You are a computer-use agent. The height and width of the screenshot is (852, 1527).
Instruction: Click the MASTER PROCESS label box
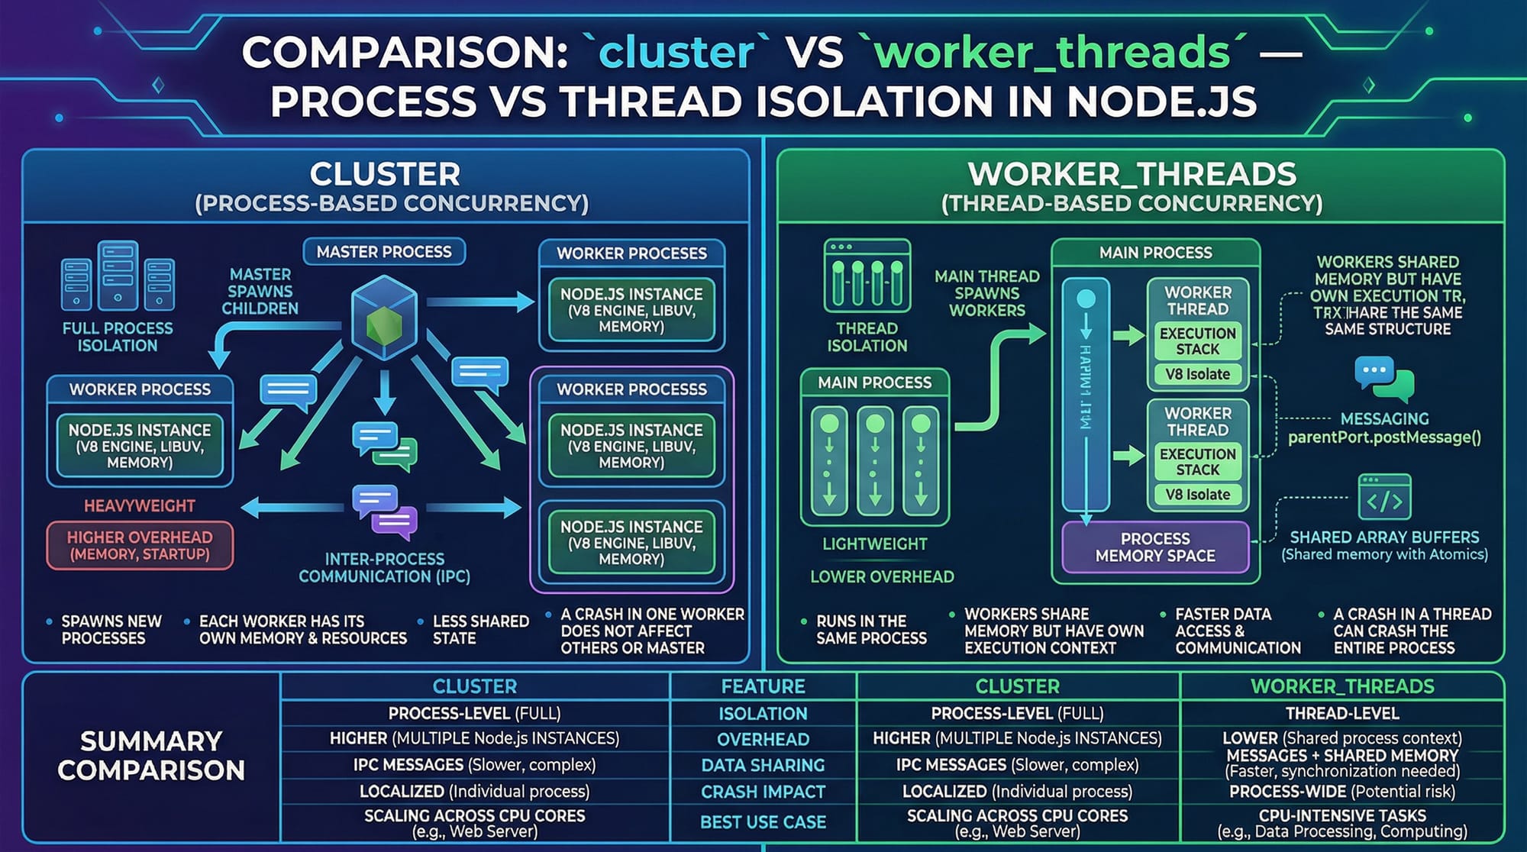point(384,252)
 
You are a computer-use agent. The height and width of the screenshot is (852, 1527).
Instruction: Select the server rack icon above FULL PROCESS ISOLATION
point(118,276)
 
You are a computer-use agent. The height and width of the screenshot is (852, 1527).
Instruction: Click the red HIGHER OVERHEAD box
point(140,545)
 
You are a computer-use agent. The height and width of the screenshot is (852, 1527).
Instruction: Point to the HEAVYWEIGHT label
point(140,505)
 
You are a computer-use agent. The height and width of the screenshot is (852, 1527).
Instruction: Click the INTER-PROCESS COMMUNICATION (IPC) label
point(384,567)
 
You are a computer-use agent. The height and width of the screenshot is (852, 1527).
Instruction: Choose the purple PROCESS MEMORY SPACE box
point(1155,547)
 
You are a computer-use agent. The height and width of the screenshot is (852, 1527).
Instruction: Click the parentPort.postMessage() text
point(1384,437)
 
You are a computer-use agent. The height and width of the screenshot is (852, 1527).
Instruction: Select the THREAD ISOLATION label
point(867,337)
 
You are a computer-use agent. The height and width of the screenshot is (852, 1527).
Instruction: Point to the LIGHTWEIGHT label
point(875,544)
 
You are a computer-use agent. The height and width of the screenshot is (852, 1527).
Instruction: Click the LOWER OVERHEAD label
point(882,576)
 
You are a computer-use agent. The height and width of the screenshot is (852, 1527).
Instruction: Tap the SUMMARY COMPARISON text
point(151,755)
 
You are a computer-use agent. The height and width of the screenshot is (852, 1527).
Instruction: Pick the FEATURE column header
point(763,686)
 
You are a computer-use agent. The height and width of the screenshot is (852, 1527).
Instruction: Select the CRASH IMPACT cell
point(763,792)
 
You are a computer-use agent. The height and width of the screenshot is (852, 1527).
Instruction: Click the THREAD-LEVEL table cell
point(1341,714)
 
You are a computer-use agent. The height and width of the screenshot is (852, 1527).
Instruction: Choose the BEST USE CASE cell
point(763,821)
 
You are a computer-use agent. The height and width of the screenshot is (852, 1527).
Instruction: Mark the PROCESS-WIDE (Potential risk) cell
point(1341,792)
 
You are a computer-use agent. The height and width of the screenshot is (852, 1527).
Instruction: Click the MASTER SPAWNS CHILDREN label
point(260,291)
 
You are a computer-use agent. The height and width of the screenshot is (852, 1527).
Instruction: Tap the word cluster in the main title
point(676,52)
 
